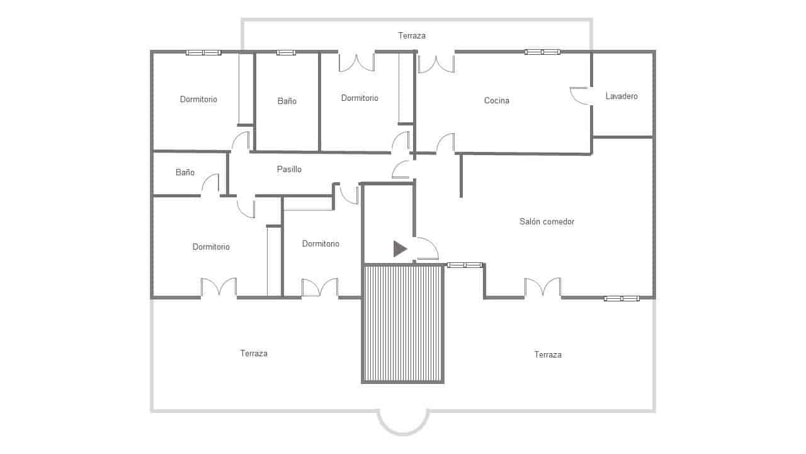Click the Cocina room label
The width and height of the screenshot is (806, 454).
click(496, 101)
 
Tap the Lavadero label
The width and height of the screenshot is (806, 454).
click(622, 96)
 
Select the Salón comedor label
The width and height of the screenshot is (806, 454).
click(547, 222)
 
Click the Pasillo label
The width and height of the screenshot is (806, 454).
click(289, 170)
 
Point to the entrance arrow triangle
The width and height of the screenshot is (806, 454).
click(400, 249)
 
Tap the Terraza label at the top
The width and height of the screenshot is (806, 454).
click(412, 36)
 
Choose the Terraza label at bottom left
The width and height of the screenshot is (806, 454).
click(254, 354)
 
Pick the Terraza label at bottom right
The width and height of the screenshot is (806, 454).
click(548, 355)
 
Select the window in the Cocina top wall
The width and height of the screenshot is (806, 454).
click(543, 52)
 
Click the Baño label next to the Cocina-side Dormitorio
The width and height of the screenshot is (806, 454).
click(287, 102)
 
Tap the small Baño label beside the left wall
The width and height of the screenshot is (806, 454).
click(185, 173)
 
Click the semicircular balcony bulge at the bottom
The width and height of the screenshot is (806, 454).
click(403, 424)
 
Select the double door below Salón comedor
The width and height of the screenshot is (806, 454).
click(543, 288)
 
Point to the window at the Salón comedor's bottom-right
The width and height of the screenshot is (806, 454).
click(622, 298)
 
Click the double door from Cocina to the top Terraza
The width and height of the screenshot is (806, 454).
click(436, 64)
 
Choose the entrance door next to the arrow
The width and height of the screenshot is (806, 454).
click(426, 248)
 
